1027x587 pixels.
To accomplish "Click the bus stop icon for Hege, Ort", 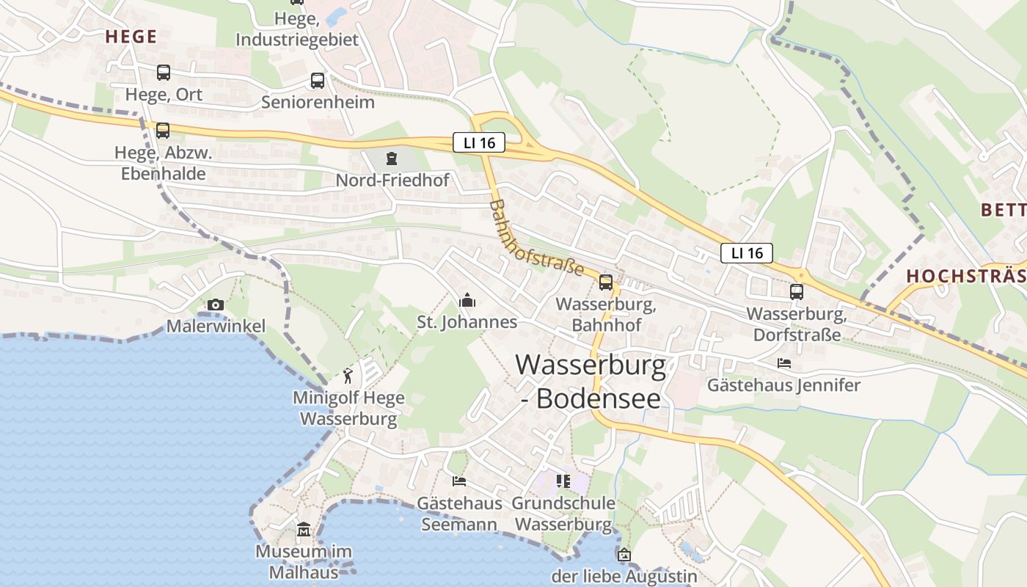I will pyautogui.click(x=163, y=73).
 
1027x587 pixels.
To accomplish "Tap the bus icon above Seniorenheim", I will pyautogui.click(x=317, y=81).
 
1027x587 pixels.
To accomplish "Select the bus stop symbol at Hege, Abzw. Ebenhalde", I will pyautogui.click(x=163, y=131).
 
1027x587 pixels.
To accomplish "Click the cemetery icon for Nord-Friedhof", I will pyautogui.click(x=392, y=158).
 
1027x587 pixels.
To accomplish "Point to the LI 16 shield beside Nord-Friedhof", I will pyautogui.click(x=479, y=143).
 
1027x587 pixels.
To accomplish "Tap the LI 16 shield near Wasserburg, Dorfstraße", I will pyautogui.click(x=747, y=253).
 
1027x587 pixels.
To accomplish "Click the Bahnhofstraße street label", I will pyautogui.click(x=536, y=238).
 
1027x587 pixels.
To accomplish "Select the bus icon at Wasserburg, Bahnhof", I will pyautogui.click(x=606, y=282).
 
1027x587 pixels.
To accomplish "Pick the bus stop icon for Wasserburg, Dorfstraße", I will pyautogui.click(x=797, y=292).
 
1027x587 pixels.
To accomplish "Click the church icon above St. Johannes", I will pyautogui.click(x=467, y=300).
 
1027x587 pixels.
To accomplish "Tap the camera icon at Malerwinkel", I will pyautogui.click(x=216, y=305).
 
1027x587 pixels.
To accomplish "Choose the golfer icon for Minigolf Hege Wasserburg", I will pyautogui.click(x=348, y=376).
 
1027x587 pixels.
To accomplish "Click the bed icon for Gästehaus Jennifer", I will pyautogui.click(x=784, y=363).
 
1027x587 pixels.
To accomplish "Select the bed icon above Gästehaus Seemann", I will pyautogui.click(x=459, y=481).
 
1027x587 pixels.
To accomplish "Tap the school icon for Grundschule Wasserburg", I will pyautogui.click(x=563, y=481).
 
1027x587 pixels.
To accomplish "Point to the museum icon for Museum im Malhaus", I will pyautogui.click(x=304, y=529).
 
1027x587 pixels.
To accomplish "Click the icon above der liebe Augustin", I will pyautogui.click(x=624, y=555).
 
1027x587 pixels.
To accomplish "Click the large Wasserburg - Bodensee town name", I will pyautogui.click(x=591, y=381).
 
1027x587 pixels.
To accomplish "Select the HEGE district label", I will pyautogui.click(x=131, y=37).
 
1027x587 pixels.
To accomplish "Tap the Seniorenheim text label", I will pyautogui.click(x=318, y=102).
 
